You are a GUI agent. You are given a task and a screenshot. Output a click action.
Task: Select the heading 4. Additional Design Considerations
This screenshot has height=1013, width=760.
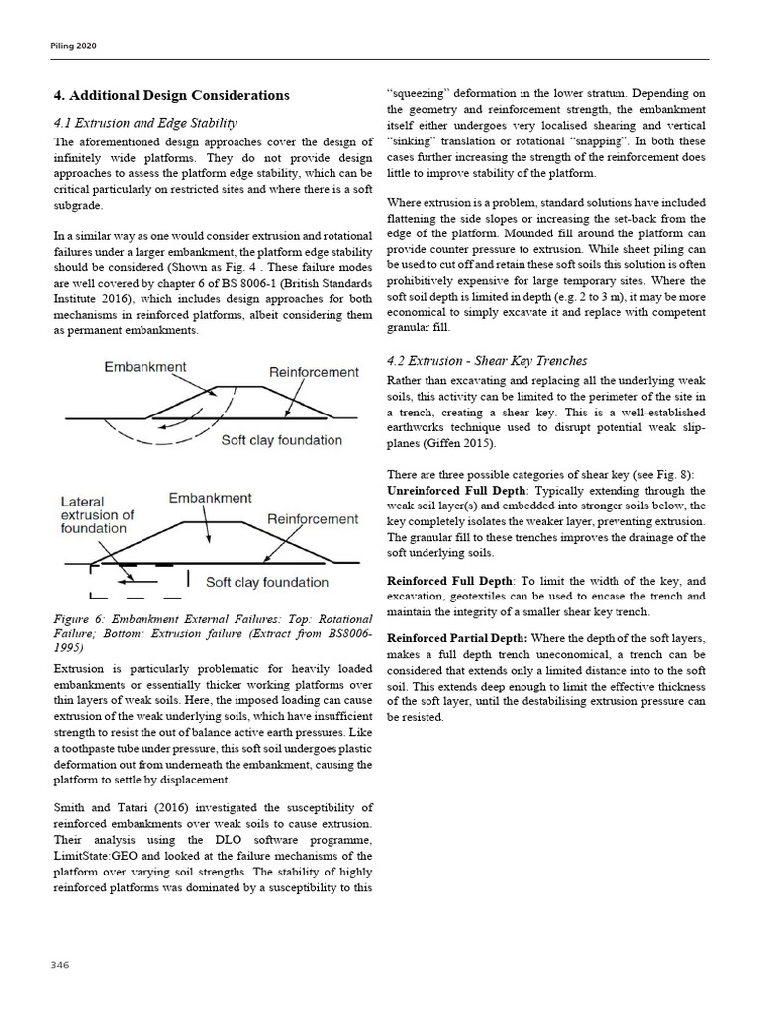(171, 96)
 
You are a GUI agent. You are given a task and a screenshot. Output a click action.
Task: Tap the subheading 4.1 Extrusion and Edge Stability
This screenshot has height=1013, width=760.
(144, 123)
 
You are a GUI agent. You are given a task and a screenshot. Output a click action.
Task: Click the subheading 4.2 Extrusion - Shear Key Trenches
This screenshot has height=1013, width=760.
(486, 360)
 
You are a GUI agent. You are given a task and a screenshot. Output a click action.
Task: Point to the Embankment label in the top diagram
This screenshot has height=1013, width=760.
(145, 367)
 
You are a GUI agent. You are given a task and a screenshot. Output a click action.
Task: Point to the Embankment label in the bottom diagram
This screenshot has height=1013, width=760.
(210, 498)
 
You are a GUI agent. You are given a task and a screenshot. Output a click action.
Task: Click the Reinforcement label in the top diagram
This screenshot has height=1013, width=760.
(314, 372)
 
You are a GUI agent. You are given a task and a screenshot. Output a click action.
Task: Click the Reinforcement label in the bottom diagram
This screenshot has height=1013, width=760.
(313, 519)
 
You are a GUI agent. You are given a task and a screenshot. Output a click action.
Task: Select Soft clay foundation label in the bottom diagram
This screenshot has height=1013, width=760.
(267, 582)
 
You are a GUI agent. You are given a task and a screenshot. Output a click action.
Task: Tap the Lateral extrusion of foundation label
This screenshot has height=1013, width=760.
(98, 515)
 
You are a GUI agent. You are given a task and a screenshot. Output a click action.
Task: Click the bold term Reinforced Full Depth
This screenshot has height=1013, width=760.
(449, 581)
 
